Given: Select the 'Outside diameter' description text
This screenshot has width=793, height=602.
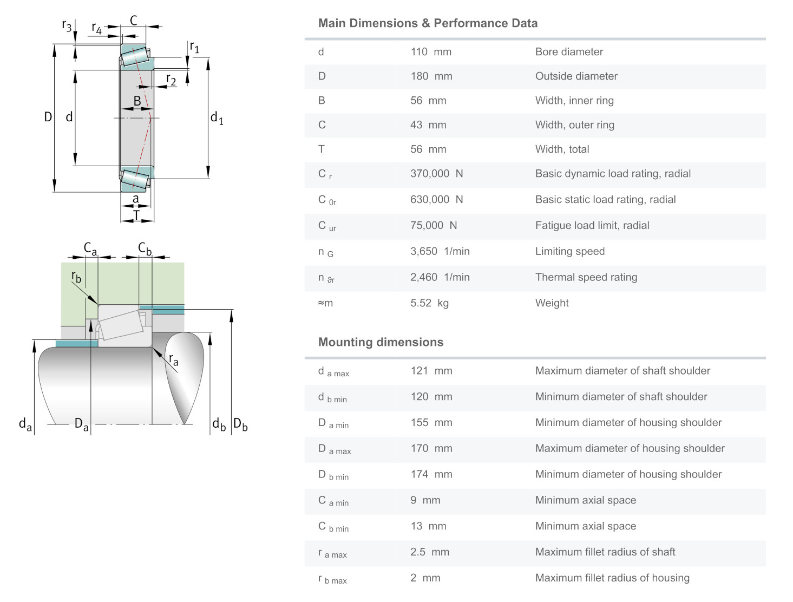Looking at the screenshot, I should pos(576,76).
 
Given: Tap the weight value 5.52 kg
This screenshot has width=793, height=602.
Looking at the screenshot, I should pos(429,303).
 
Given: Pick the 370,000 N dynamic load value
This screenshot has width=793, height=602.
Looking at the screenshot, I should pos(436,174).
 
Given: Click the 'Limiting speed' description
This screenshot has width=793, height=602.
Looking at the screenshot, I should pos(569,251).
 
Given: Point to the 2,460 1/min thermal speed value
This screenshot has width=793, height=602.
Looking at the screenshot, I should pos(440,277).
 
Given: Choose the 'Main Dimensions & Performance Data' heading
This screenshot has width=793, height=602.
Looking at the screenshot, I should pos(428,23).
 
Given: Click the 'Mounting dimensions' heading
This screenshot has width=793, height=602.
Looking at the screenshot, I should pos(381,342).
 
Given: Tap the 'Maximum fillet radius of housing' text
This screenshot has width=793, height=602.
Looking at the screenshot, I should pos(612,578).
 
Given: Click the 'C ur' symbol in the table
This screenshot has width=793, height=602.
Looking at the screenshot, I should pos(327,226).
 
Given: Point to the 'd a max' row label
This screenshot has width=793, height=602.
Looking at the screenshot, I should pos(333,372).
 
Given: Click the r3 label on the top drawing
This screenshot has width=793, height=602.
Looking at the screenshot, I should pos(67,25).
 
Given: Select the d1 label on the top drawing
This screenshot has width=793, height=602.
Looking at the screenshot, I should pos(217,117).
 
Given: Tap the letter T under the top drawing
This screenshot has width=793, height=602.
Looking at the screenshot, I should pos(136,215).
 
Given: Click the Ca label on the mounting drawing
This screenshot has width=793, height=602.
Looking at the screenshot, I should pos(90,249).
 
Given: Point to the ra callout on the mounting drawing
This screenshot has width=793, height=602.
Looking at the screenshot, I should pos(173,359).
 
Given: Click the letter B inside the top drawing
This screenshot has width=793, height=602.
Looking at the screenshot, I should pos(137,101).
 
